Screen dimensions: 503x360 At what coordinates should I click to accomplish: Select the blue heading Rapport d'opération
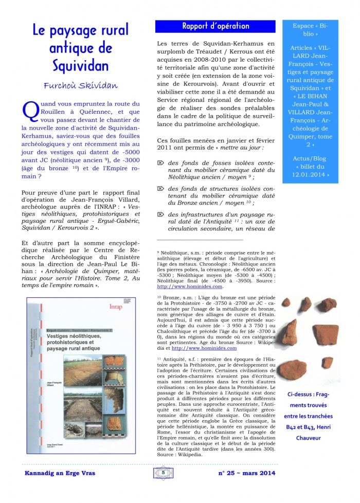215,26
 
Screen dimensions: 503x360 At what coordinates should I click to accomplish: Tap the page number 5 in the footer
163,473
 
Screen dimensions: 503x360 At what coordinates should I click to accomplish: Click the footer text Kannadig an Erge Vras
61,473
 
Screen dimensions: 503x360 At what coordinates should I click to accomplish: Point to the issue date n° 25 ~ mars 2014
243,473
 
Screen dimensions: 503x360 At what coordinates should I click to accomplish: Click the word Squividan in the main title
81,66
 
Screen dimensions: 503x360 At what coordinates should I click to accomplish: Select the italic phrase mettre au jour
248,148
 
